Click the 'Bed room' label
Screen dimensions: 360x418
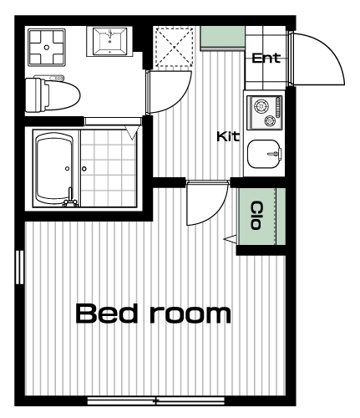(x=153, y=313)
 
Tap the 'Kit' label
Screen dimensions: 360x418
(x=228, y=136)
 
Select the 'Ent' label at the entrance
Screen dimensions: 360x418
(x=266, y=58)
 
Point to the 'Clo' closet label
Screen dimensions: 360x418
(x=256, y=216)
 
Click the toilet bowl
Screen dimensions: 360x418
(x=53, y=94)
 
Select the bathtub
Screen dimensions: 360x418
(x=55, y=169)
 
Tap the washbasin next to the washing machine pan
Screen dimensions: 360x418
(x=109, y=41)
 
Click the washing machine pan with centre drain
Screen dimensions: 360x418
(x=47, y=48)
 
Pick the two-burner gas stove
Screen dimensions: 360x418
(x=265, y=113)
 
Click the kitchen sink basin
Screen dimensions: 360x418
(x=264, y=154)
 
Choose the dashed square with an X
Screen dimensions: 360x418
(x=175, y=47)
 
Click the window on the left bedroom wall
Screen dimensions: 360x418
(x=20, y=268)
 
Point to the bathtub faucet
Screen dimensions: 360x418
(x=70, y=198)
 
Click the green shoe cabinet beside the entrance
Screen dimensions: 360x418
(x=223, y=38)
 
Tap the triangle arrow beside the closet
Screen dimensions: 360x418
(x=230, y=239)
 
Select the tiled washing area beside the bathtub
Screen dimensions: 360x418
(x=109, y=168)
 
